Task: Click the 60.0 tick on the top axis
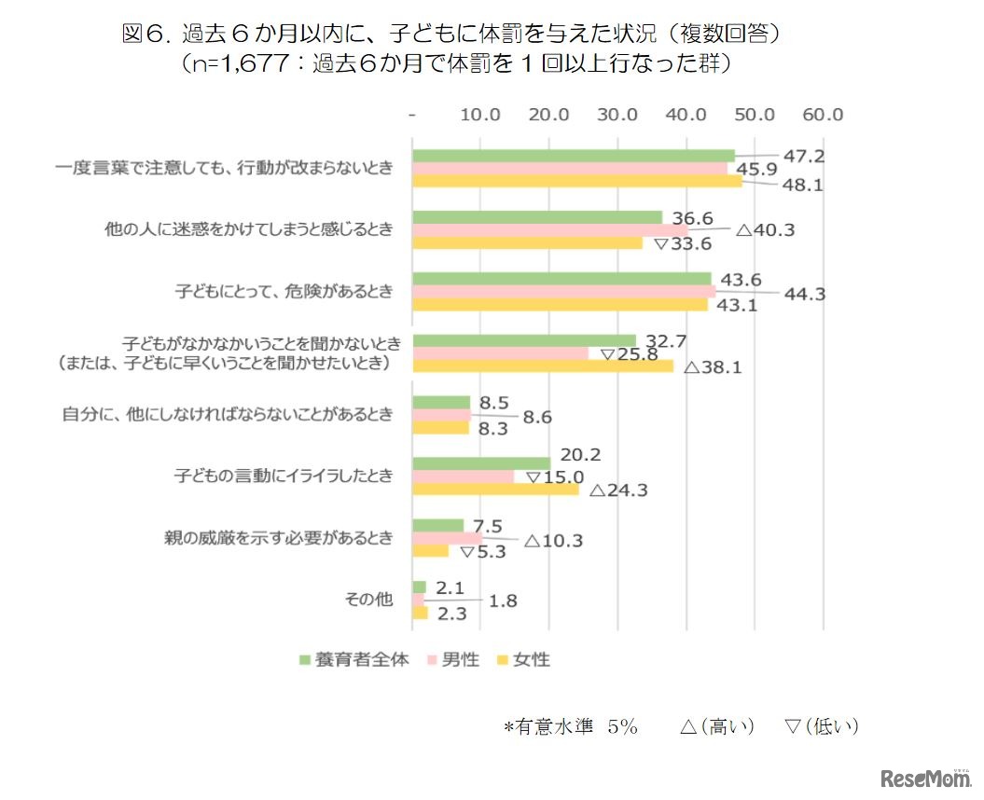(x=823, y=115)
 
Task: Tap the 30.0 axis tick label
(x=617, y=115)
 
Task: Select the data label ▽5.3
(x=484, y=552)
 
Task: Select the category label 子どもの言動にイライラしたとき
(x=284, y=476)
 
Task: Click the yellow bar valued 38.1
(x=542, y=366)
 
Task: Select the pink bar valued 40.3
(x=550, y=230)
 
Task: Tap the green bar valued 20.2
(x=481, y=463)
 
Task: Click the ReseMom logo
(x=919, y=776)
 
